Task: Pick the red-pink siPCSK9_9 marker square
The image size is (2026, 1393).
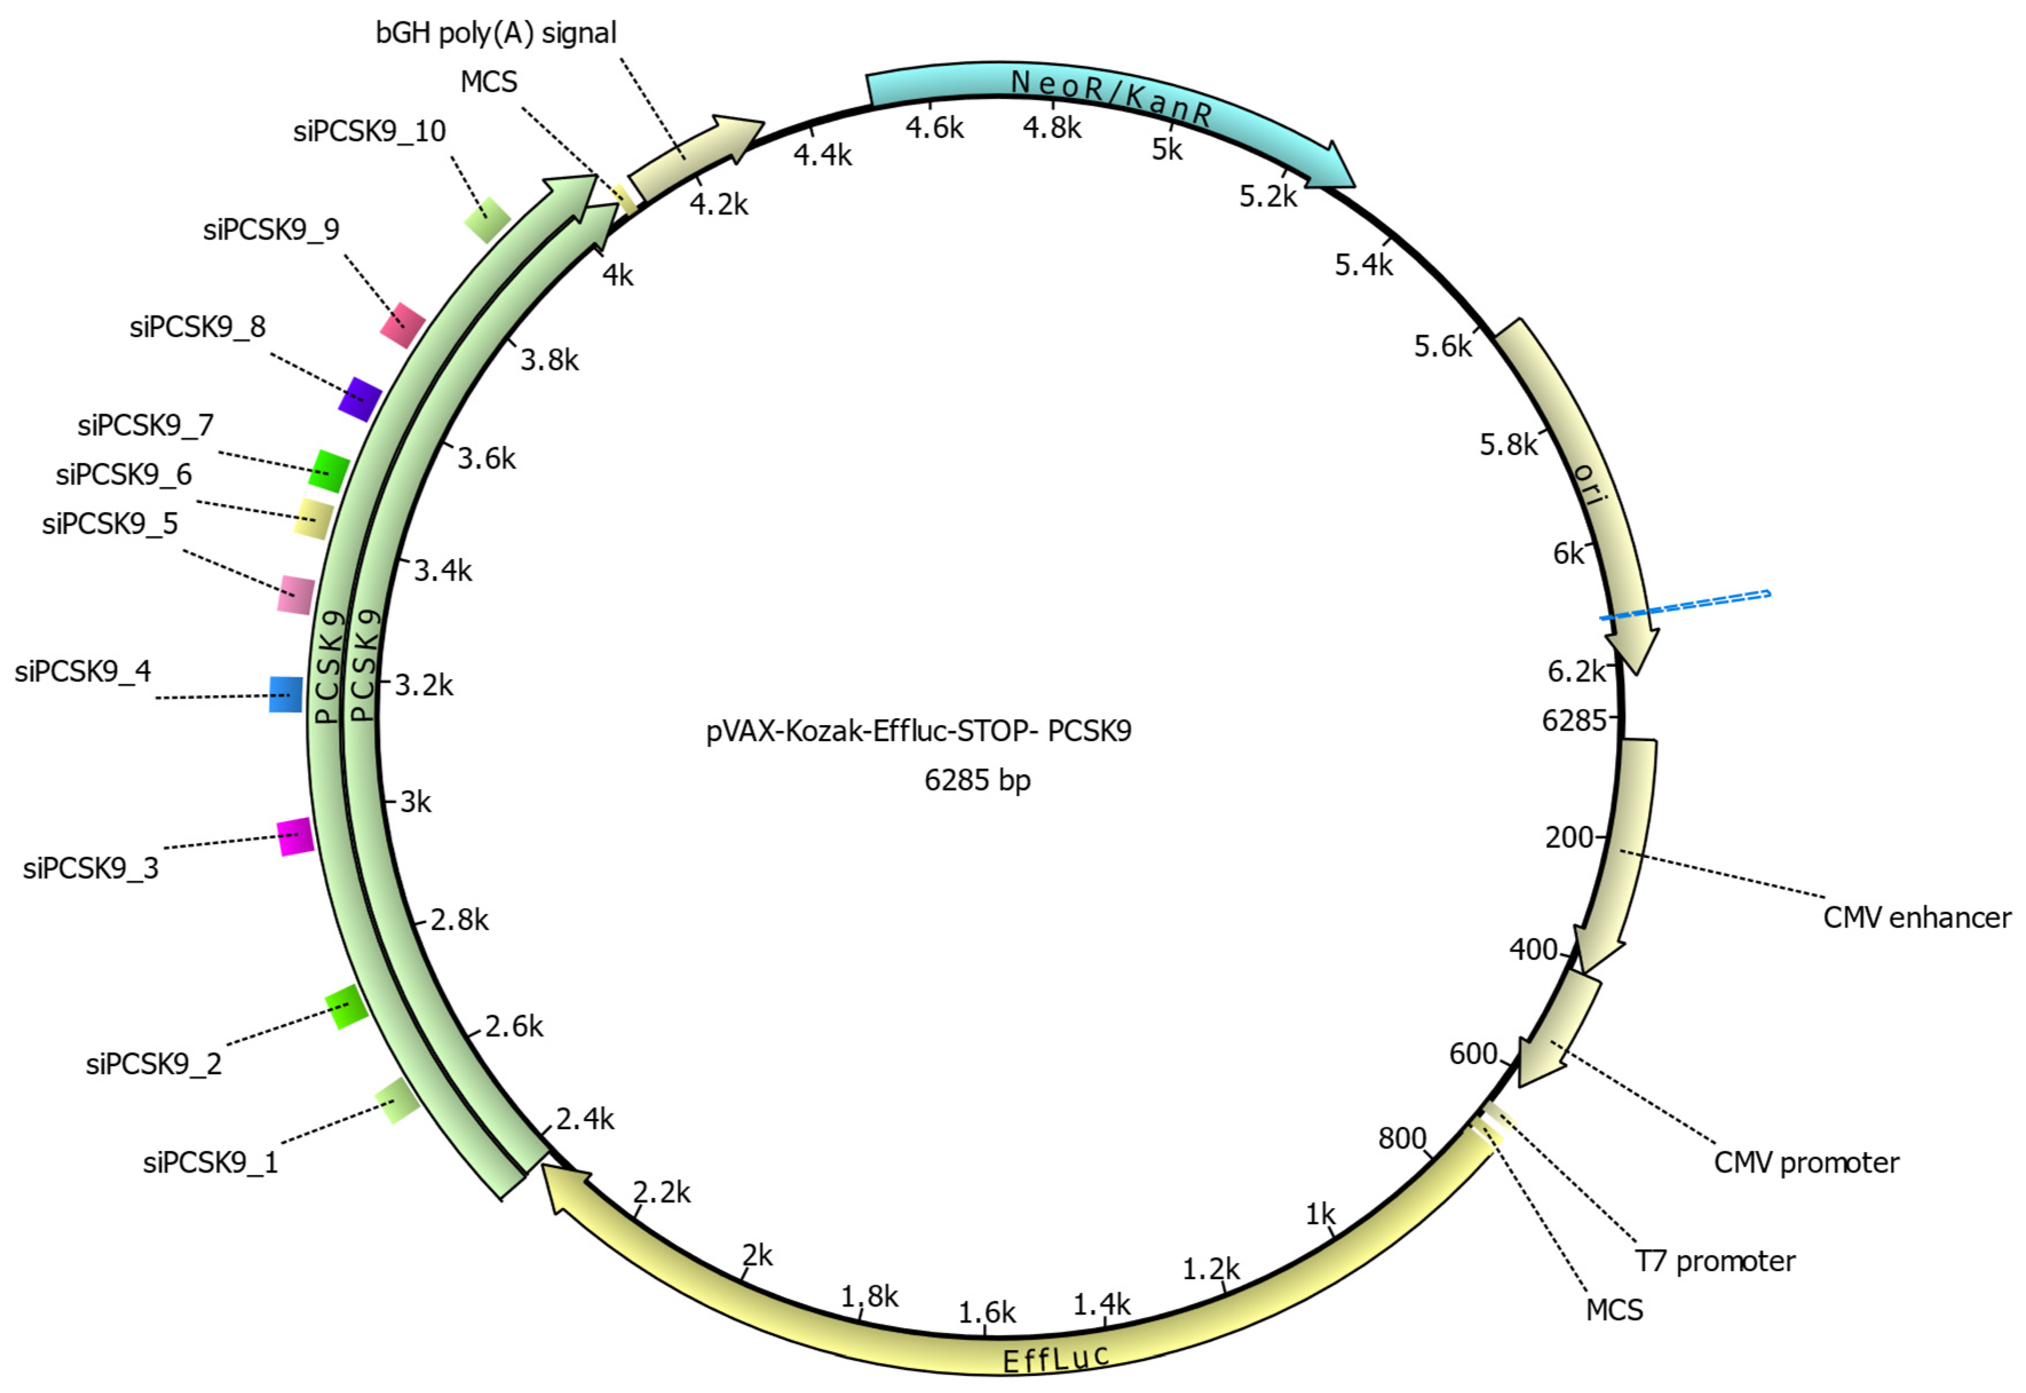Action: tap(402, 324)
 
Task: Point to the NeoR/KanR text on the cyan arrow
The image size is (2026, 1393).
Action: tap(1111, 98)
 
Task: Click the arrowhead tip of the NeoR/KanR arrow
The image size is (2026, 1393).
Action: tap(1355, 186)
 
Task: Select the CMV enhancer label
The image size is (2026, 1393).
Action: tap(1916, 917)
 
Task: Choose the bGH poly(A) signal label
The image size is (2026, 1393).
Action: tap(495, 33)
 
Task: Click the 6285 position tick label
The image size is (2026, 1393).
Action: tap(1574, 720)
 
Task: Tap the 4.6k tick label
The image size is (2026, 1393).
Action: tap(934, 128)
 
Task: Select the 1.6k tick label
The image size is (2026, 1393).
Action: tap(987, 1312)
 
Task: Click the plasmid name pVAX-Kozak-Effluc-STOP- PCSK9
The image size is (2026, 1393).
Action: tap(919, 730)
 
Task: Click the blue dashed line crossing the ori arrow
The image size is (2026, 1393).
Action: tap(1685, 606)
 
